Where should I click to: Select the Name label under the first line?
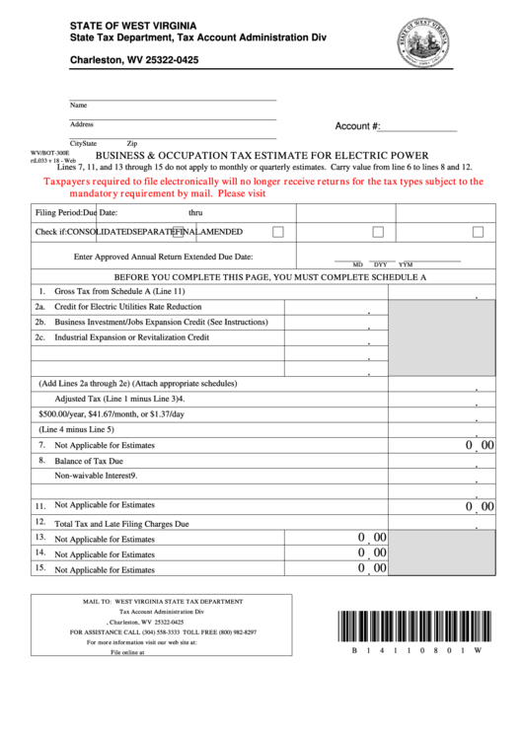(x=78, y=105)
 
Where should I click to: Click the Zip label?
(x=131, y=143)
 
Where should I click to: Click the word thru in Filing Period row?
(x=195, y=212)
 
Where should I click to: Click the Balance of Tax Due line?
(x=89, y=461)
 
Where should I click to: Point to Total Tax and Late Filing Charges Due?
(x=121, y=523)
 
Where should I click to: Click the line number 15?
(x=40, y=568)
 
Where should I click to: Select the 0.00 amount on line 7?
(x=480, y=445)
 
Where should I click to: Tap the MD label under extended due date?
(x=357, y=264)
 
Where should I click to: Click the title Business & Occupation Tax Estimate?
(x=261, y=155)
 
